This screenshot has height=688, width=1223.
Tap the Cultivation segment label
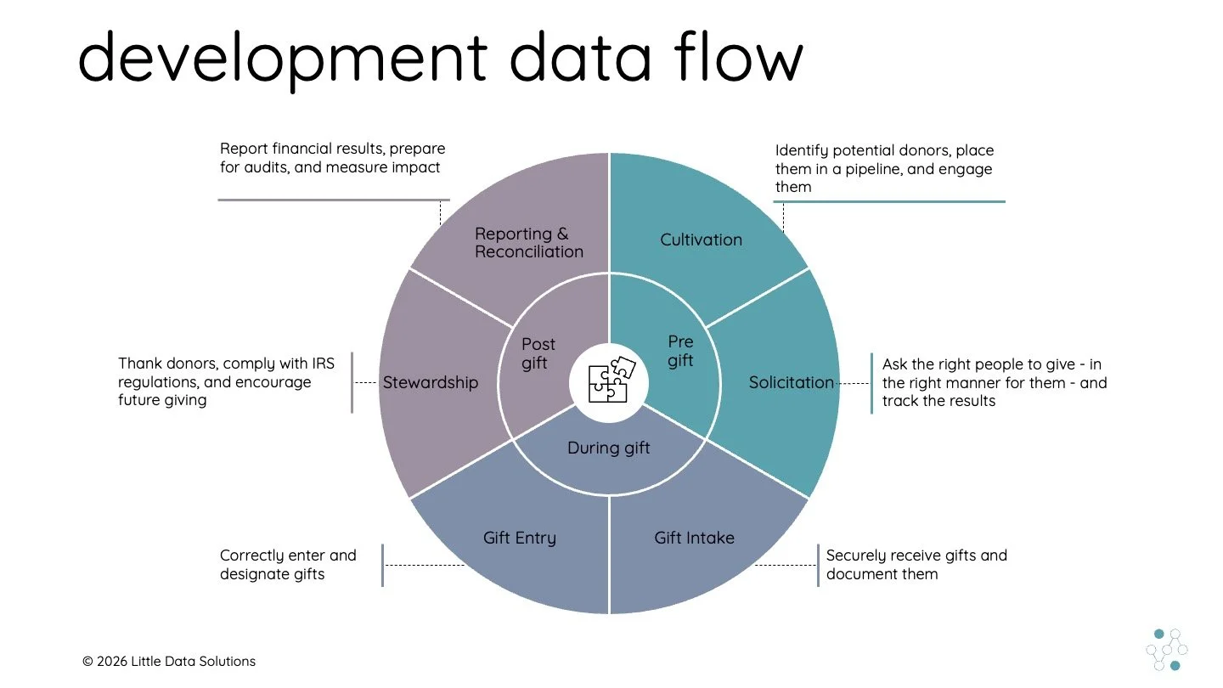coord(701,240)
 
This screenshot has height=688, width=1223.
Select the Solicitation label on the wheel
coord(791,383)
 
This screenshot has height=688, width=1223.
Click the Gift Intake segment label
coord(694,538)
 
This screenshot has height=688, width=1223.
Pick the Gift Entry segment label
coord(519,538)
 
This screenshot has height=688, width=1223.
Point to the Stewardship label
coord(430,383)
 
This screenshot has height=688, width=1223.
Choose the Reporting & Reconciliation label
coord(528,243)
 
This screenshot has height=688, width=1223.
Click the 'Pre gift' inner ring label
coord(680,351)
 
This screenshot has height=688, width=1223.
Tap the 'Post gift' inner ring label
coord(538,353)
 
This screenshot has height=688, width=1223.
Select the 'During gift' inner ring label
coord(608,448)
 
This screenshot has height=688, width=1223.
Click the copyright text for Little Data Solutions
coord(169,661)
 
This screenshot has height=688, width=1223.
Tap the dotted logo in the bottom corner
coord(1167,650)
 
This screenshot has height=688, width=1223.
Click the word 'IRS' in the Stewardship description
coord(322,364)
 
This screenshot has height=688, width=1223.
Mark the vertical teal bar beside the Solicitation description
coord(871,383)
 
